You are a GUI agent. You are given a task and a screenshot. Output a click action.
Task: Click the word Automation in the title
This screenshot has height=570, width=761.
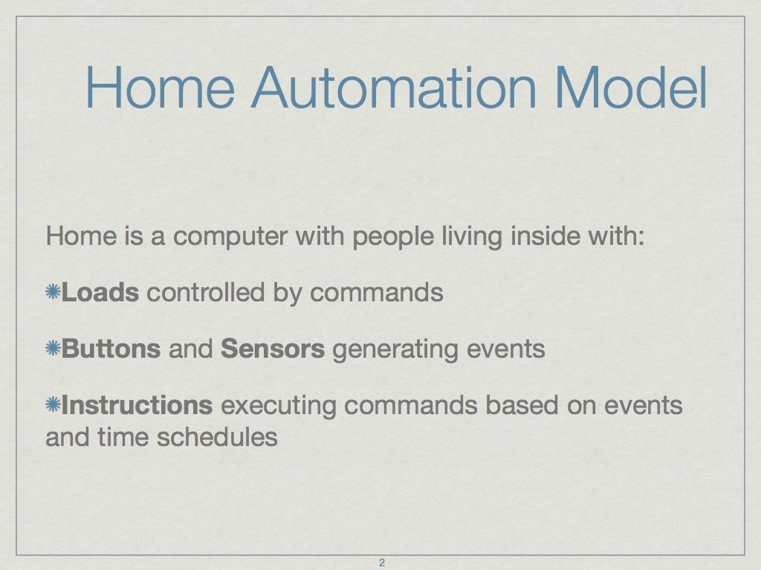[x=394, y=88]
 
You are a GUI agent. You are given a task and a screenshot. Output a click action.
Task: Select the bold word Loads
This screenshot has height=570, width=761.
[x=100, y=292]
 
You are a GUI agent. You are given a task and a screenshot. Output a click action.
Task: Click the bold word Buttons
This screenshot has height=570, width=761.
[x=111, y=349]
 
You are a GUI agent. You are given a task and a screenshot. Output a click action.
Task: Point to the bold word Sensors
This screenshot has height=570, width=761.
[x=272, y=349]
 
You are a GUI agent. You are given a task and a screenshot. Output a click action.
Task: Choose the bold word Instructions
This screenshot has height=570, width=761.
[x=137, y=405]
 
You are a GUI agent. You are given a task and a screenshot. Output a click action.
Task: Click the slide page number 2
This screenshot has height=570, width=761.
[x=381, y=563]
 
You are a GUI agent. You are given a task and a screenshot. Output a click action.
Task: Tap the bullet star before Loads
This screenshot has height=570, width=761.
[x=53, y=292]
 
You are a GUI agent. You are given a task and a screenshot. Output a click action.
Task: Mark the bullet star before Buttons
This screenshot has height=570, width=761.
[x=53, y=348]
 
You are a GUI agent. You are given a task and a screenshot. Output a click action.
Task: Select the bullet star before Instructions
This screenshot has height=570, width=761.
[x=53, y=404]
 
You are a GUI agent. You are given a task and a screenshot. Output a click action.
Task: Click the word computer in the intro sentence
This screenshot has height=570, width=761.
[x=230, y=237]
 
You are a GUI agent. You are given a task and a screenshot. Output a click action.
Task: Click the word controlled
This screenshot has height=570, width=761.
[x=206, y=292]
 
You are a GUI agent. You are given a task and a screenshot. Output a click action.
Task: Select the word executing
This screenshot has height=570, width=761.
[x=279, y=406]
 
